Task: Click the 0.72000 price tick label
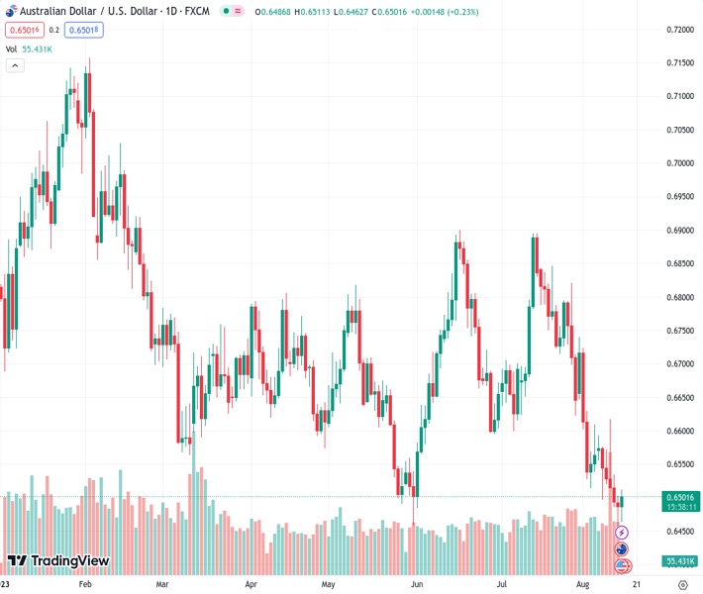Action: point(678,30)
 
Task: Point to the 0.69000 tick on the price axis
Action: point(678,231)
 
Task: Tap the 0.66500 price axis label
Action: point(678,398)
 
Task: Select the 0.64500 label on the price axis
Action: point(678,532)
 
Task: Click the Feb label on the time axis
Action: point(85,585)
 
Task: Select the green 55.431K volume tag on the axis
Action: point(678,561)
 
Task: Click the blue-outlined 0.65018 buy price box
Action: point(84,30)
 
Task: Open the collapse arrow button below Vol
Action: point(14,65)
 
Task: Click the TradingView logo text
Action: point(69,561)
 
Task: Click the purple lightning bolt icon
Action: point(622,534)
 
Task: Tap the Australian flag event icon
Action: point(622,549)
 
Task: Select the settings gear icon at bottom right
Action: point(682,585)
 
